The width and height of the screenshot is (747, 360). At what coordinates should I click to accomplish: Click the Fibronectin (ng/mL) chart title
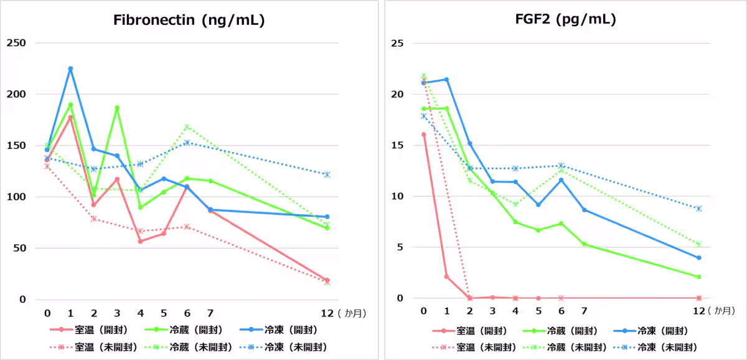pos(189,20)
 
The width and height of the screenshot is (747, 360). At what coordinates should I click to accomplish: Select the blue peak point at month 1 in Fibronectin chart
pos(70,69)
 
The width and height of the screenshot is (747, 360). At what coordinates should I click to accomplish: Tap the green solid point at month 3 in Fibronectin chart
pos(117,108)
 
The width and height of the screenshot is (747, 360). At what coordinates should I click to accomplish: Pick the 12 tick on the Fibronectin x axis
pos(327,311)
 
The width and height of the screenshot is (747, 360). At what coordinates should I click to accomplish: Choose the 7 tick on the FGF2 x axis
pos(585,311)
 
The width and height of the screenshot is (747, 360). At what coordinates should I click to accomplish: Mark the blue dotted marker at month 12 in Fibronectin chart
pos(327,174)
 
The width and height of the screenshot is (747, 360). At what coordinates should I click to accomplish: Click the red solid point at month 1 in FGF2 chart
pos(446,277)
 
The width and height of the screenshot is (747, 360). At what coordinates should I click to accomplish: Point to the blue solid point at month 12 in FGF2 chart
pos(699,258)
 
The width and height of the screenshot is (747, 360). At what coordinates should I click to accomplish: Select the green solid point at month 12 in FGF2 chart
pos(699,277)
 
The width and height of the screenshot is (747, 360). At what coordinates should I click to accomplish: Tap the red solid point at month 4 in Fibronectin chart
pos(140,241)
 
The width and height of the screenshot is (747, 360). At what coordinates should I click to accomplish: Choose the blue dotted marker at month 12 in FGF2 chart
pos(699,209)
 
